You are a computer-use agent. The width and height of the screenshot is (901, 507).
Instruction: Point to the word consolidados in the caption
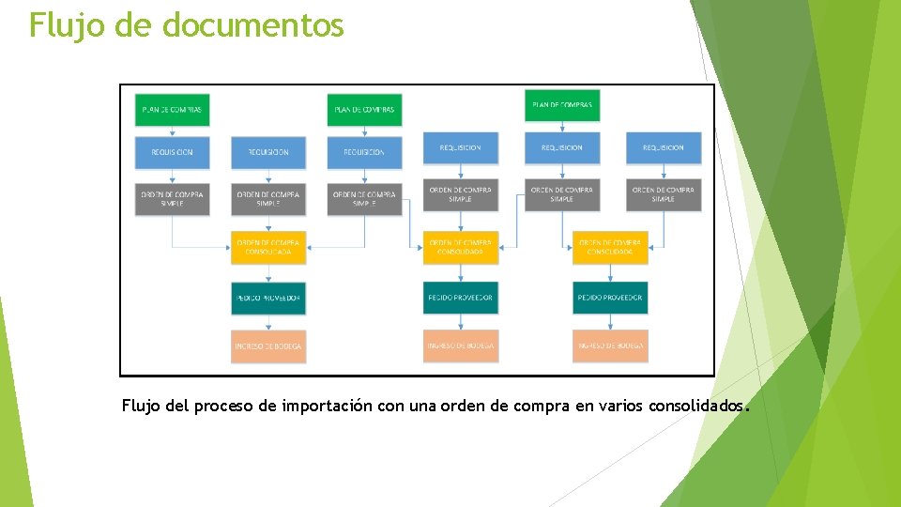coord(698,407)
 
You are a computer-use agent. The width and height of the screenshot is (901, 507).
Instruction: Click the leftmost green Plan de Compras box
coord(172,110)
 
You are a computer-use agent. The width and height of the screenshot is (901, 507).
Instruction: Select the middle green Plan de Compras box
coord(365,110)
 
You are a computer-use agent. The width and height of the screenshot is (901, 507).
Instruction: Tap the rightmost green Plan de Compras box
coord(562,105)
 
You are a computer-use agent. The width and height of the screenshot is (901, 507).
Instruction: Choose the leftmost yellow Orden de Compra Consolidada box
coord(268,247)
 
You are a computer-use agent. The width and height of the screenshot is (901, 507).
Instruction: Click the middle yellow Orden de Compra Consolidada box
coord(461,247)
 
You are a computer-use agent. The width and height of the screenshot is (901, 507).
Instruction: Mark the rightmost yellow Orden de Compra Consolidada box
coord(610,247)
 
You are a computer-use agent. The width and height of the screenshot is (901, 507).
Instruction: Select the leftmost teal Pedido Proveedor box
coord(268,298)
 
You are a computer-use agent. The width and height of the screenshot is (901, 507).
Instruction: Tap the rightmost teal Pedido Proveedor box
coord(610,298)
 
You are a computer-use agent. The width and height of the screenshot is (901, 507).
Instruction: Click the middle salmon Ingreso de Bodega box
coord(461,346)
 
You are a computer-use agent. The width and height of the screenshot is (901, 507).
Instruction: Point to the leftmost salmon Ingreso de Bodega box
coord(268,346)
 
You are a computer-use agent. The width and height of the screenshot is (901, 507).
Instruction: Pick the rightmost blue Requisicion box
coord(664,147)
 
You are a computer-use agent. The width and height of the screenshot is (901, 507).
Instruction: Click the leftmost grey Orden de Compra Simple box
coord(172,199)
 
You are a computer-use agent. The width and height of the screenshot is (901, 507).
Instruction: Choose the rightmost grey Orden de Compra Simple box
coord(664,194)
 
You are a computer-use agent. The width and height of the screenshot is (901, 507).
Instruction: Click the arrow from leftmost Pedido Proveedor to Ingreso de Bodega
coord(268,322)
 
